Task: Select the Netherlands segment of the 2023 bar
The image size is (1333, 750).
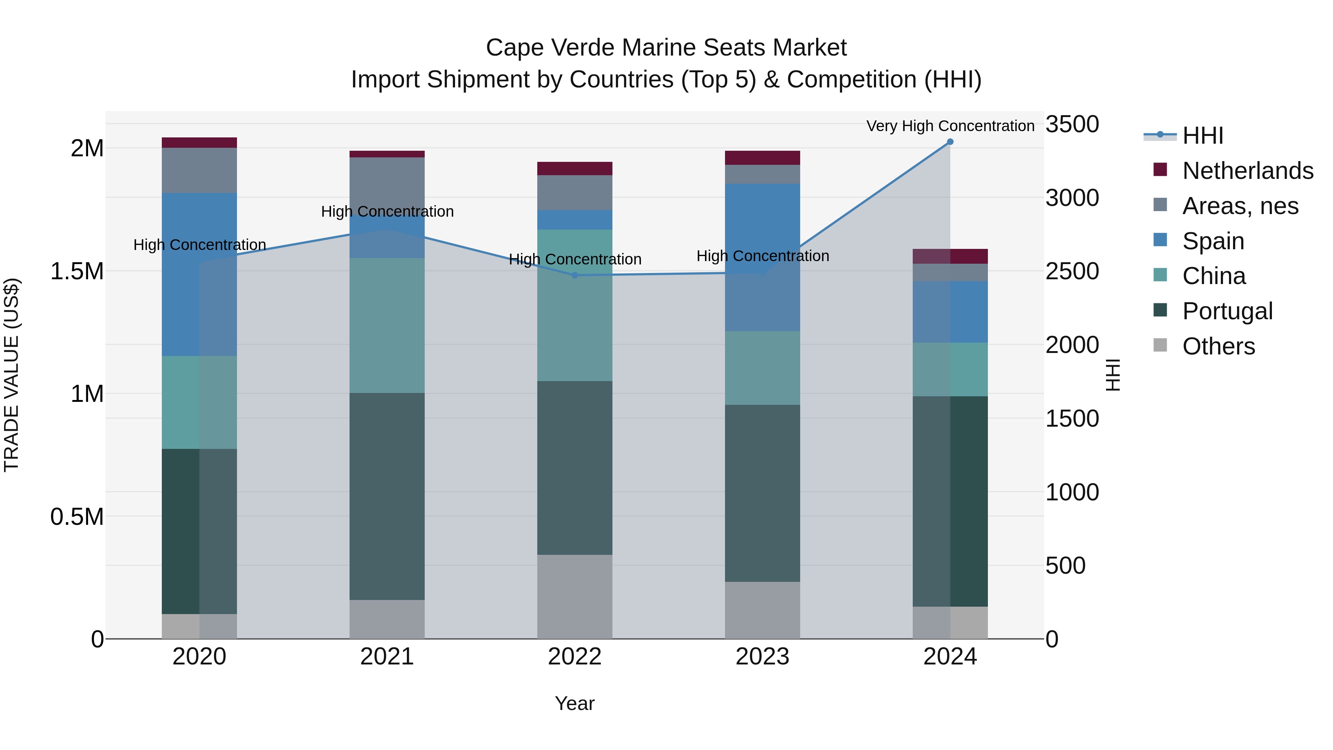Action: coord(762,158)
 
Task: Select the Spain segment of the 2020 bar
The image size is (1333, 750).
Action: coord(199,274)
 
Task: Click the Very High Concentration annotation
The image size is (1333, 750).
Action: coord(950,126)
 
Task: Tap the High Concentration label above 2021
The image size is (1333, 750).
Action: coord(387,212)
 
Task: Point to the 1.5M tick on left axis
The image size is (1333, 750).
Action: coord(77,271)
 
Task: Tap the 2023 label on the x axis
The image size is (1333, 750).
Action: coord(762,657)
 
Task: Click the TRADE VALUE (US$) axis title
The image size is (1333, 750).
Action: coord(12,375)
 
